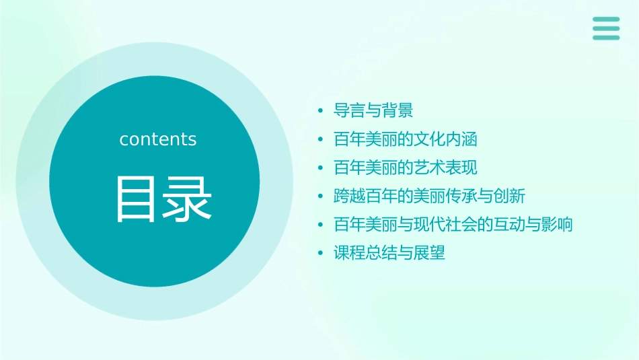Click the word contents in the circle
158,139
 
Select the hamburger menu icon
605,28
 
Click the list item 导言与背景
373,110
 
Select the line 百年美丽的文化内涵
405,139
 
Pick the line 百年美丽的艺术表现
405,168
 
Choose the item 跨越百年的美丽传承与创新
429,196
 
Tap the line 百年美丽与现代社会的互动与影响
453,224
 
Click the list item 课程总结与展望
389,253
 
